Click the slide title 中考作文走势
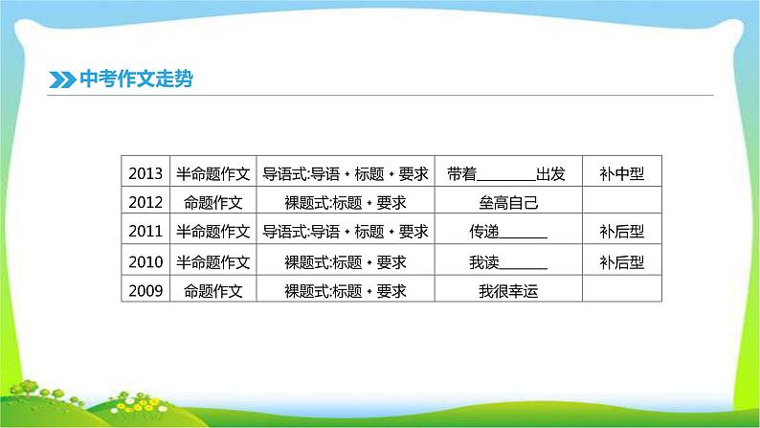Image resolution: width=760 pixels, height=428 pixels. [136, 79]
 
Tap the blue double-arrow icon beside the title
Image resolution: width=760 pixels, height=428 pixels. [62, 80]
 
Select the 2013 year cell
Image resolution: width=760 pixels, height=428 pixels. [145, 173]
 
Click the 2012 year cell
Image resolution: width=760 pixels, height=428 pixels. [145, 202]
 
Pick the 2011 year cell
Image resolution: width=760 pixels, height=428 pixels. [145, 231]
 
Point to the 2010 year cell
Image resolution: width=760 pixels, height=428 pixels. [145, 261]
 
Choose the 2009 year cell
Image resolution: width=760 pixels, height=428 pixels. [145, 290]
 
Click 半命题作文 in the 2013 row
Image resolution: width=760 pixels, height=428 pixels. [212, 173]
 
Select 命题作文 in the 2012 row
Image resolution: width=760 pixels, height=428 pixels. [212, 202]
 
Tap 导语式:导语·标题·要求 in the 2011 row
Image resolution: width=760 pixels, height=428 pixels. [346, 231]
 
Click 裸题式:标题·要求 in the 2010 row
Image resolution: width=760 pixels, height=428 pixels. [346, 262]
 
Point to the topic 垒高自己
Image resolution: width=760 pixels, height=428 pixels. [508, 202]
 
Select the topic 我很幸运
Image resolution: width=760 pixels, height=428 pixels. [508, 291]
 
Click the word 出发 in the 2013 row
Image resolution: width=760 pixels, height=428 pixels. [550, 173]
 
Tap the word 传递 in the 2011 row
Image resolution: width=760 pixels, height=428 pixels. [484, 231]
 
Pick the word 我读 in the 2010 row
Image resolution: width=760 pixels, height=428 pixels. [484, 262]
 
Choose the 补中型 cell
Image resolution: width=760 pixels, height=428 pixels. [622, 173]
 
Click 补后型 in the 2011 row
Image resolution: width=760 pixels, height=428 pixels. [622, 231]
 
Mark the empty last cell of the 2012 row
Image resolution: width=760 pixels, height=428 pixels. [622, 200]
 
